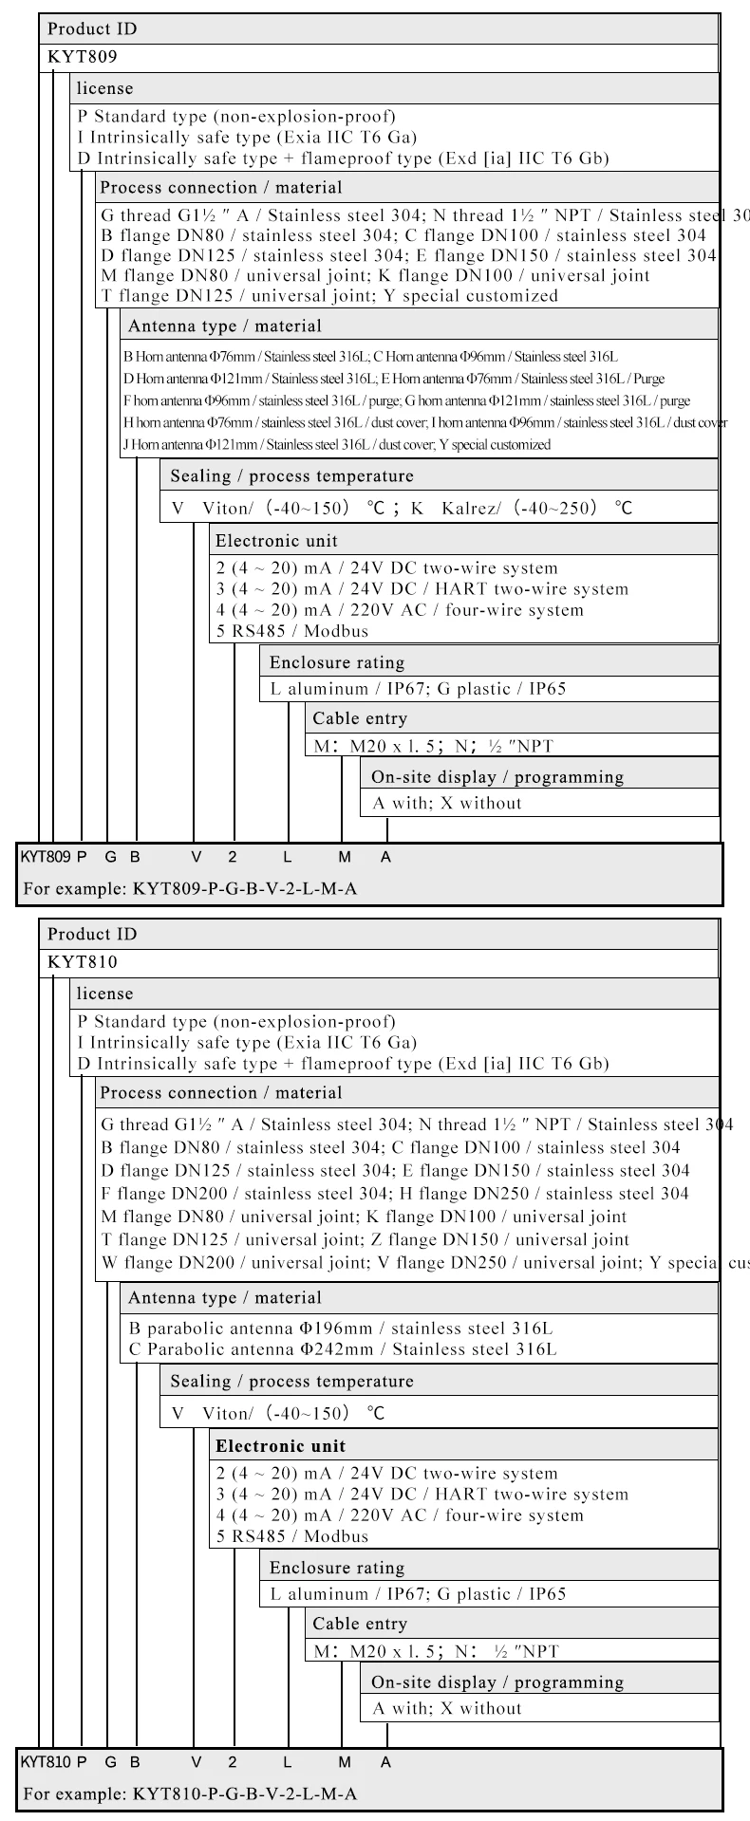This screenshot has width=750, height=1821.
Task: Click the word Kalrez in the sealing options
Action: click(x=467, y=509)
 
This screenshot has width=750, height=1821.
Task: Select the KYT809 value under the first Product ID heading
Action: click(x=83, y=57)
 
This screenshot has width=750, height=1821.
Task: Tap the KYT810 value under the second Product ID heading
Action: click(x=83, y=962)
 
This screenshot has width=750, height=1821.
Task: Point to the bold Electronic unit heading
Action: click(x=280, y=1446)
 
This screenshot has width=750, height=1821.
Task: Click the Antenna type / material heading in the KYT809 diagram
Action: click(x=224, y=326)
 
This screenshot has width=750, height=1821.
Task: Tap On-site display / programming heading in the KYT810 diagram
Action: click(x=497, y=1682)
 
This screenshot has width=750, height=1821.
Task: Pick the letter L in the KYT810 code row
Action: click(x=288, y=1762)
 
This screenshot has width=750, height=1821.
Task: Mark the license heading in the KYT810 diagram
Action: click(x=104, y=994)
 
